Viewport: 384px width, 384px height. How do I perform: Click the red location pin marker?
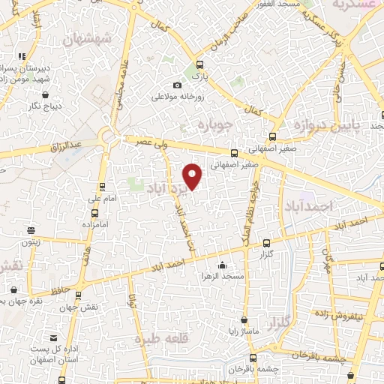[x=193, y=175]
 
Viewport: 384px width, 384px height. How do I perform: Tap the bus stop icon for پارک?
[x=199, y=64]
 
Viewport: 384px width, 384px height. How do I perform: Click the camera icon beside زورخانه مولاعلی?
[x=177, y=85]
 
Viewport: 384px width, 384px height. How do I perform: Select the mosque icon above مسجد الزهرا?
[x=222, y=265]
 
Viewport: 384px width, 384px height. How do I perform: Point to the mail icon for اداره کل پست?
[x=52, y=338]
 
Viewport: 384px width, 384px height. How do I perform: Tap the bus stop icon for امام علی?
[x=102, y=187]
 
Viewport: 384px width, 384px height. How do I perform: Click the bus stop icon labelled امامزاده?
[x=102, y=212]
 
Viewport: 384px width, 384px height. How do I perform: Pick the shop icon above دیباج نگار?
[x=46, y=95]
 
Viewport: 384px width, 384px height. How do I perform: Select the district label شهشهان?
[x=88, y=38]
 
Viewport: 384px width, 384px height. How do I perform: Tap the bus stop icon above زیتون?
[x=31, y=229]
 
